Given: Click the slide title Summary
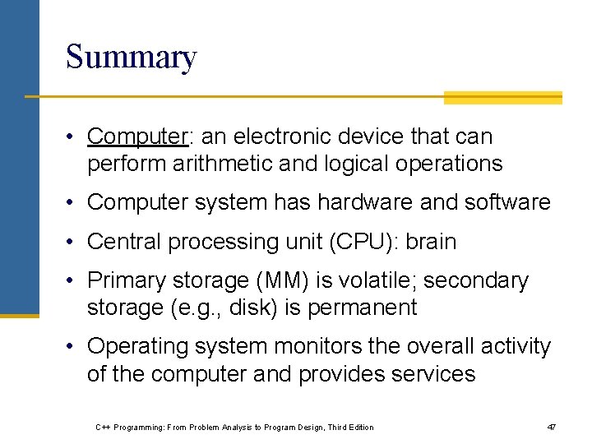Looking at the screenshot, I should point(131,58).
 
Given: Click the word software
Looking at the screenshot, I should point(511,202).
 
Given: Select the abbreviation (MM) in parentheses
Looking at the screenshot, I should point(282,280).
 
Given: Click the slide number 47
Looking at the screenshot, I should point(551,427).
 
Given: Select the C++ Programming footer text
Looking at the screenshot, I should point(234,427).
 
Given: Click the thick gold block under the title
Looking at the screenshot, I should point(502,98).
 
